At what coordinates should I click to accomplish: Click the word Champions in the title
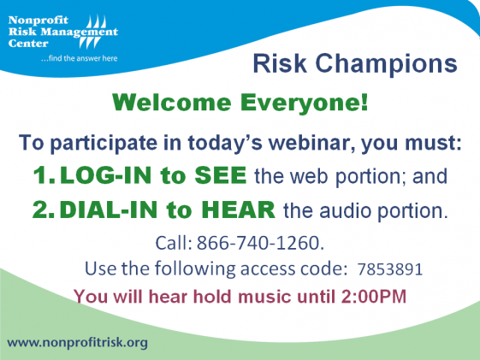click(386, 64)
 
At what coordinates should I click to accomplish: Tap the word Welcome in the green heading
click(172, 102)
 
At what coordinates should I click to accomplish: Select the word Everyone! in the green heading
click(304, 103)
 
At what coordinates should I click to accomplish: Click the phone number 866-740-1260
click(260, 243)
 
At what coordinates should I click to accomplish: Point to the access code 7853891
click(390, 269)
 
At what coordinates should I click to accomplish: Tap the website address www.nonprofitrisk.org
click(78, 343)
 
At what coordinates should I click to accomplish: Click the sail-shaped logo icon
click(93, 32)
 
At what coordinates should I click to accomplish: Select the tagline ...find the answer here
click(80, 58)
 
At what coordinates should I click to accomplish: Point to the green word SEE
click(221, 175)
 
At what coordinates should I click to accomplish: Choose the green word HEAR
click(239, 210)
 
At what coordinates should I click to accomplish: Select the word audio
click(346, 210)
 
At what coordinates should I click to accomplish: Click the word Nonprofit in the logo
click(39, 21)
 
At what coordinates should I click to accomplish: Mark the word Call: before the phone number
click(174, 243)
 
